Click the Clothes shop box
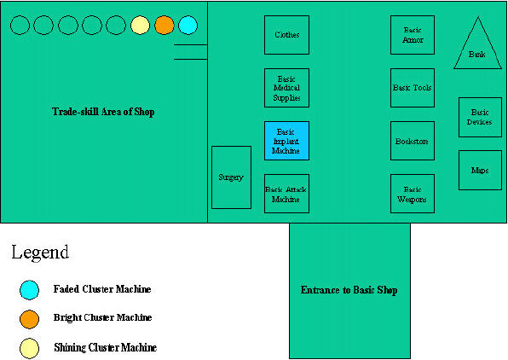coord(286,35)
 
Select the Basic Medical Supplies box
coord(286,88)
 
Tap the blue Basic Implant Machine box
coord(286,141)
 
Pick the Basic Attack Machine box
coord(286,194)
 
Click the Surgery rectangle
coord(231,177)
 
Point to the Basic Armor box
coord(413,35)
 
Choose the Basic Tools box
coord(413,88)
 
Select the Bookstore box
coord(413,141)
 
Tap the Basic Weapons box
coord(413,194)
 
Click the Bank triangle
coord(477,49)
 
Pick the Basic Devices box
coord(480,117)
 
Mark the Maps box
coord(480,170)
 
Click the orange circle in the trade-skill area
coord(165,25)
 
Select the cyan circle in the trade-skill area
coord(188,25)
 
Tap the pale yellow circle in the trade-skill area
coord(141,25)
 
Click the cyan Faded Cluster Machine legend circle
coord(30,290)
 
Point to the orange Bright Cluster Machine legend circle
coord(30,319)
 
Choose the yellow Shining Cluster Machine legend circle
coord(30,349)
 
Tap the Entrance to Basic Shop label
coord(349,290)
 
